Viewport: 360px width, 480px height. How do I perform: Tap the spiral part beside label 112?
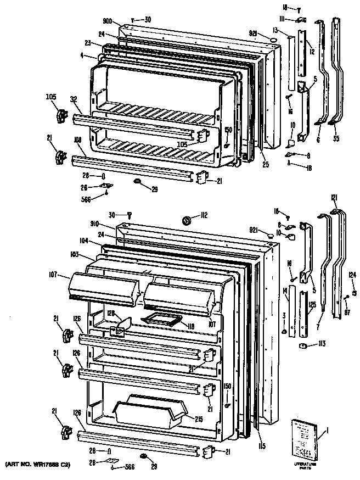coord(186,220)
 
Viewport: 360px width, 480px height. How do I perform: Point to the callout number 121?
coord(334,198)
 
